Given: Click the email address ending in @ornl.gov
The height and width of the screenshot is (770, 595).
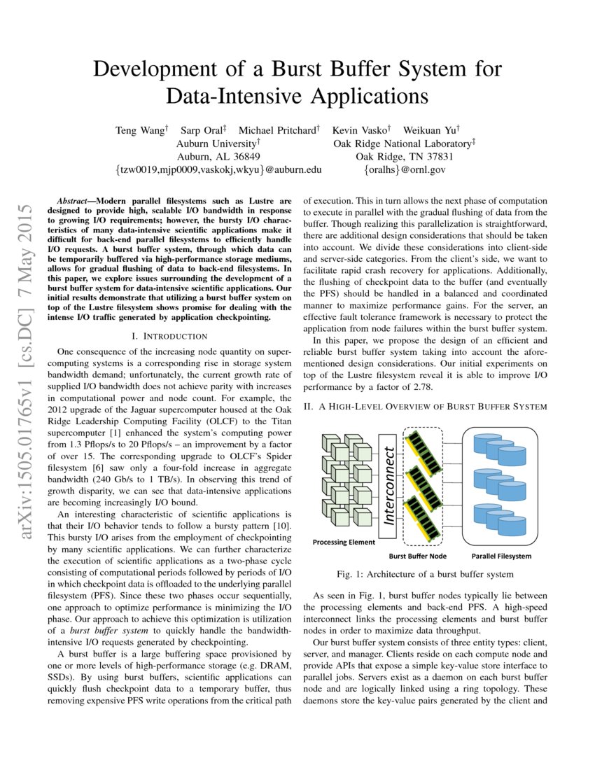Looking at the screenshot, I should (x=405, y=169).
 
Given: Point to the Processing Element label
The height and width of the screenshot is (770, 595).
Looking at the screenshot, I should (x=344, y=542).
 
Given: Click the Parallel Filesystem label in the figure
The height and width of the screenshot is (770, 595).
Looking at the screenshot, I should (x=500, y=556).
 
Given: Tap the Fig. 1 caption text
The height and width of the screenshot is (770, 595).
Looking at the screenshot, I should (x=425, y=575).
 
